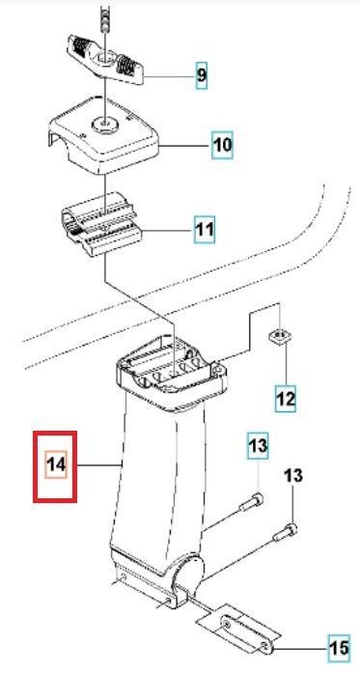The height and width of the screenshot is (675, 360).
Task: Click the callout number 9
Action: (x=202, y=75)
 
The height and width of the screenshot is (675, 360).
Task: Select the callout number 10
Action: (x=222, y=145)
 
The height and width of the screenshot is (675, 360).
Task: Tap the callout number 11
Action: (x=204, y=229)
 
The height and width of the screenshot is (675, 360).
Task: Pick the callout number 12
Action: (x=285, y=399)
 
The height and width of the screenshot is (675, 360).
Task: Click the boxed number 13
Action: (x=258, y=445)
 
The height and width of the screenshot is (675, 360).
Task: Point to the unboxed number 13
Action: (x=292, y=475)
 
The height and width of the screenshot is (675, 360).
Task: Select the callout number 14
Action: (x=56, y=464)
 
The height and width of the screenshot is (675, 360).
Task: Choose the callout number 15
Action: (x=339, y=648)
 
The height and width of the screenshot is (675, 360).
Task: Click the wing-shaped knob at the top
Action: (x=105, y=60)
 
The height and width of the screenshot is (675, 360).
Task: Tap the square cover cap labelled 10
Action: (x=104, y=135)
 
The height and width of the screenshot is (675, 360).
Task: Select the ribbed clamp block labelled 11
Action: (x=102, y=224)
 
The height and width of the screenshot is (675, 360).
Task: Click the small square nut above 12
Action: (x=280, y=336)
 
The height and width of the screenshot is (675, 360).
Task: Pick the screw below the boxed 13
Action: (x=251, y=502)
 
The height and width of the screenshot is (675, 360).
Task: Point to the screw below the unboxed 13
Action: (x=286, y=531)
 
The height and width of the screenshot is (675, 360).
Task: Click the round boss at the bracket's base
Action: (x=188, y=572)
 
